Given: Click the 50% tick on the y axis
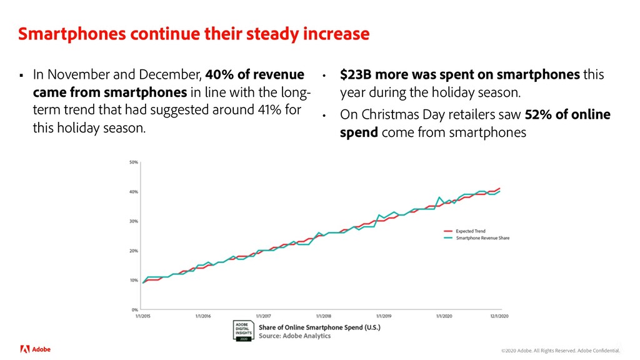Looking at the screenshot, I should coord(134,162).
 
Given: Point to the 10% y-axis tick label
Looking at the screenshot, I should coord(134,280).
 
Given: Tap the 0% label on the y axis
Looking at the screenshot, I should coord(135,309).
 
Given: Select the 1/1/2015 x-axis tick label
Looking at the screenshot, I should coord(143,316).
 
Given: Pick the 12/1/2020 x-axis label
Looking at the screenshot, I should coord(499,316).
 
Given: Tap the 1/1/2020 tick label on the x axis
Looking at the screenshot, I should coord(443,316).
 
